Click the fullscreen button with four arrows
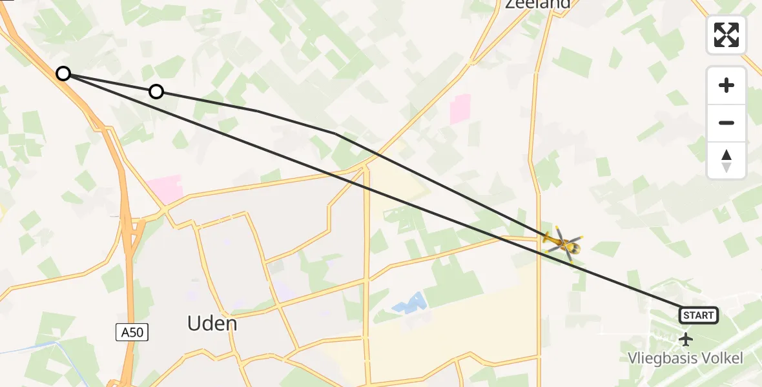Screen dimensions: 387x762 (x=726, y=35)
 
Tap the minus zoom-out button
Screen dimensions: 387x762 (x=726, y=123)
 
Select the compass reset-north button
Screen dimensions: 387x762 (x=726, y=161)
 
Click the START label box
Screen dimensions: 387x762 (x=698, y=315)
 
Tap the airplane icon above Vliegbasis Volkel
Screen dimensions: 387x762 (x=685, y=338)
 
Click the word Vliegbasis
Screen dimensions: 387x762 (x=660, y=359)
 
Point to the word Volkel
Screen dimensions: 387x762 (x=719, y=359)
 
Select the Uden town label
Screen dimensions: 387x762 (x=212, y=323)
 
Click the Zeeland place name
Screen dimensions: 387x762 (x=537, y=4)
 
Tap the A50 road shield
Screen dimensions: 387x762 (x=132, y=332)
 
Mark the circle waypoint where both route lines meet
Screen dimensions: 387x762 (x=63, y=74)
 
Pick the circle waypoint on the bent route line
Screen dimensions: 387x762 (x=156, y=92)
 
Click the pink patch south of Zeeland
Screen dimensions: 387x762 (x=460, y=109)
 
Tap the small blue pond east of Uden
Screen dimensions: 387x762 (x=411, y=303)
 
